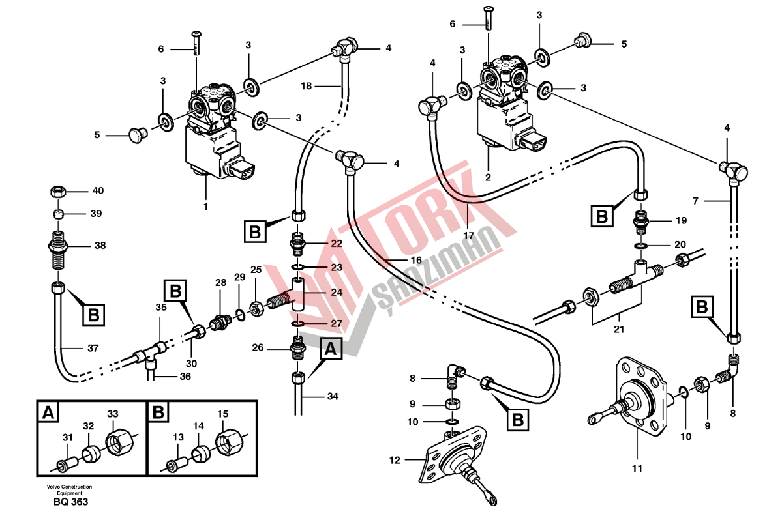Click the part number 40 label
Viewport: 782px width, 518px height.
tap(98, 191)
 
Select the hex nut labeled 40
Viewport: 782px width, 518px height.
tap(57, 192)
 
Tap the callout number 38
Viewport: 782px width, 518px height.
tap(100, 246)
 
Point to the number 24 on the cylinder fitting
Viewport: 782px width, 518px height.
tap(337, 293)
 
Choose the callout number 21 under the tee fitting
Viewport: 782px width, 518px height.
tap(618, 329)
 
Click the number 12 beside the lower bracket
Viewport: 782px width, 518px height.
tap(393, 461)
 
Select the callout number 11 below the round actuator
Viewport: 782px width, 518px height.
tap(637, 468)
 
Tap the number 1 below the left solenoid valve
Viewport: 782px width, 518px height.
tap(206, 207)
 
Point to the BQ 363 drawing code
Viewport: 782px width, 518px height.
tap(70, 502)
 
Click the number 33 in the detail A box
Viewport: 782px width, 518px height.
tap(113, 414)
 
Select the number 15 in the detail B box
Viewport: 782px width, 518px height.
tap(222, 414)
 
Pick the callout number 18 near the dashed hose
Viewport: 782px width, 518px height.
tap(307, 85)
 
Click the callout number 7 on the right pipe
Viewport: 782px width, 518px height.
tap(695, 201)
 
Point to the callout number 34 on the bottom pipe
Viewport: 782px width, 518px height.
tap(332, 396)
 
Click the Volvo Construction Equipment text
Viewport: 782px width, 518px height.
tap(69, 489)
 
